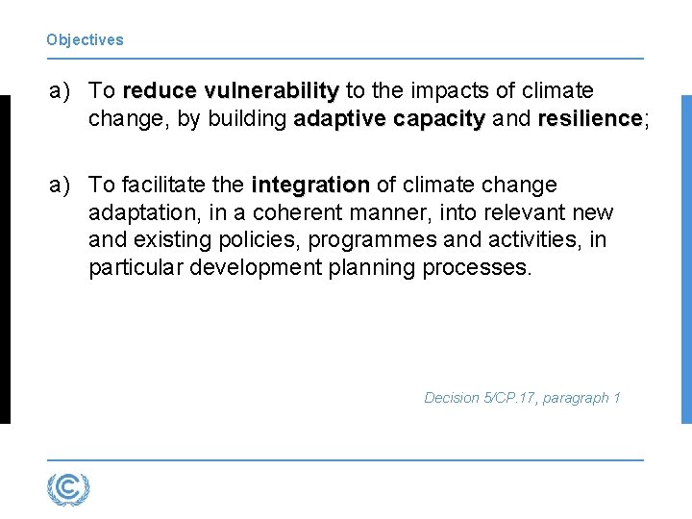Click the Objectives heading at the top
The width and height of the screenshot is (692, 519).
tap(85, 40)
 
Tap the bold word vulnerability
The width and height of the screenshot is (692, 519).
tap(271, 91)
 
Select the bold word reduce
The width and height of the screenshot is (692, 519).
tap(160, 91)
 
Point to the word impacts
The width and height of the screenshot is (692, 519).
tap(449, 91)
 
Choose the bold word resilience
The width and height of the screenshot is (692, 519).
tap(589, 119)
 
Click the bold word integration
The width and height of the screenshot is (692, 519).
tap(309, 185)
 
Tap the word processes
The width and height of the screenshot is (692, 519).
tap(476, 267)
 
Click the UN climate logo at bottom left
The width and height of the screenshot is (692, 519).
tap(68, 489)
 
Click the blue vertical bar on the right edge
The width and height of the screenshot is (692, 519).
tap(685, 259)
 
